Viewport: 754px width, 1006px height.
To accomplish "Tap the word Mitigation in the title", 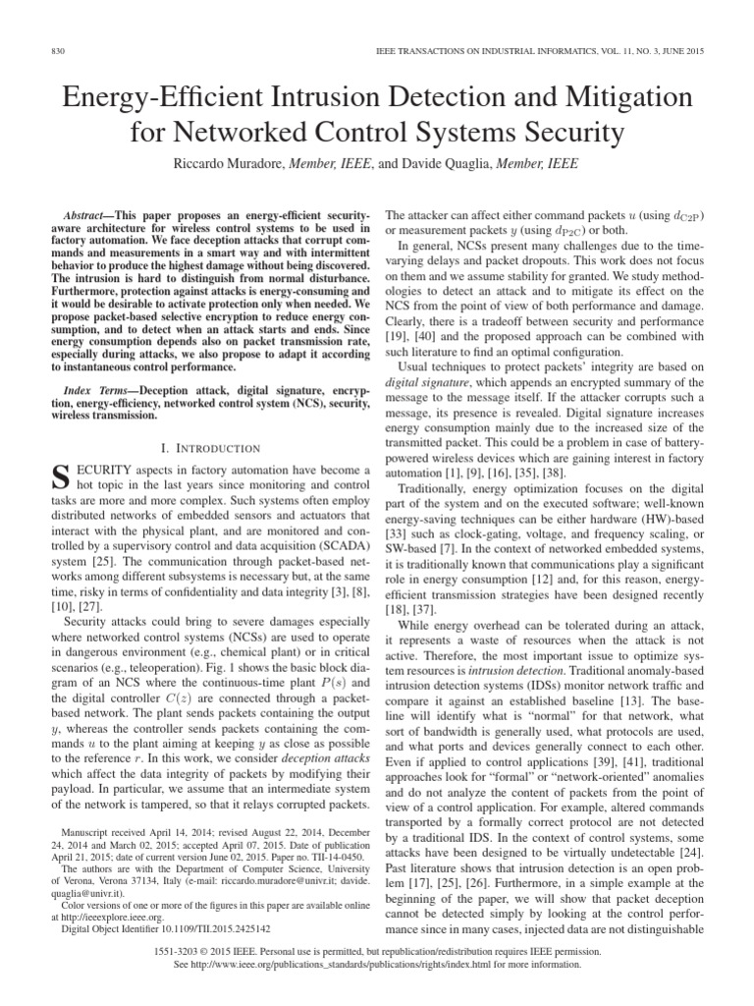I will tap(614, 97).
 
